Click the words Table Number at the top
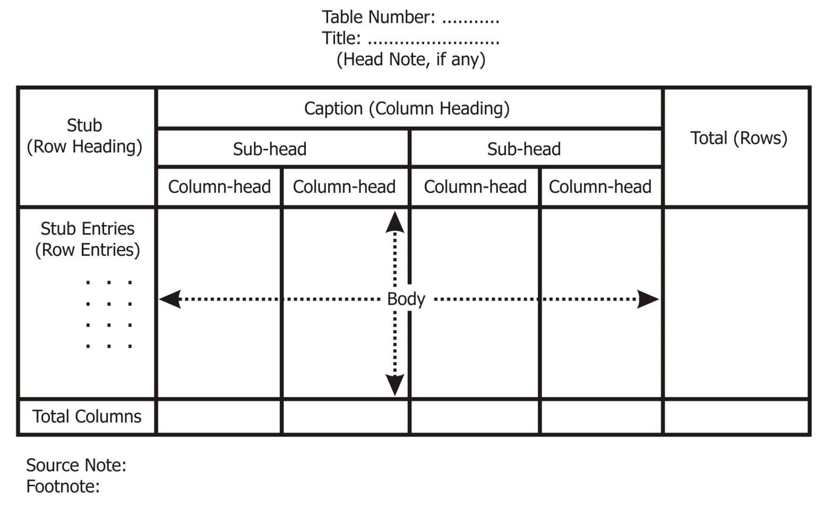(x=378, y=17)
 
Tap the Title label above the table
(x=341, y=38)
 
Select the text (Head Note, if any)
(x=410, y=59)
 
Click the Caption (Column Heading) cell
(x=407, y=108)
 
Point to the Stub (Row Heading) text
(x=84, y=136)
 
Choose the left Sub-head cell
(x=270, y=149)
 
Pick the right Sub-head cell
(x=524, y=149)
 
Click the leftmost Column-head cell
(x=219, y=187)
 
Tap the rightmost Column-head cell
(x=600, y=187)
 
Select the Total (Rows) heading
(x=738, y=138)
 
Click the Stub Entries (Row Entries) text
(x=88, y=239)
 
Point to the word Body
(x=406, y=299)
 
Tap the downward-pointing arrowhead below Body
(x=395, y=384)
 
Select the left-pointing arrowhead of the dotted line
(x=170, y=299)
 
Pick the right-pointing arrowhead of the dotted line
(x=648, y=299)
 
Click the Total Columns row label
(x=87, y=416)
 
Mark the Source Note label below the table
(x=76, y=465)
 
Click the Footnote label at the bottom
(x=63, y=486)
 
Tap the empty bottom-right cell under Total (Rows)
(x=737, y=417)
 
